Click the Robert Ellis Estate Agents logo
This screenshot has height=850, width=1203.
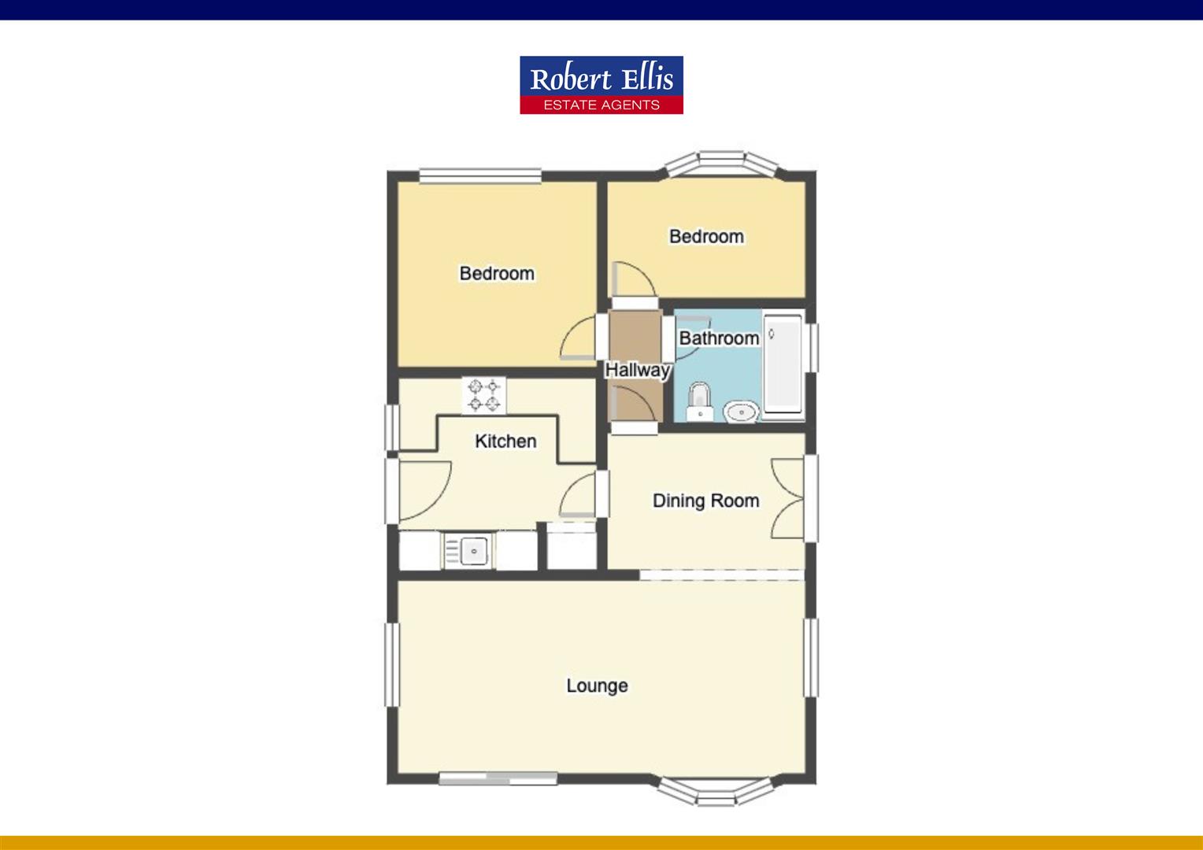[601, 85]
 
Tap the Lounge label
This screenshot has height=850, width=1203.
[597, 686]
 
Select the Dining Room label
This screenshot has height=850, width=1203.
[705, 501]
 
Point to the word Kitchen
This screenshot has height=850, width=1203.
[505, 441]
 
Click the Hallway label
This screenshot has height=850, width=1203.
[637, 369]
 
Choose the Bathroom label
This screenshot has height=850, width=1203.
[719, 338]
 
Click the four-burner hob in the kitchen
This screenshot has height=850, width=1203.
[483, 395]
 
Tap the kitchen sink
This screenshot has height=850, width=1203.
[469, 550]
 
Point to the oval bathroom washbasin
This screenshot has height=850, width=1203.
[741, 410]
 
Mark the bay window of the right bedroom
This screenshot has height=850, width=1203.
[722, 163]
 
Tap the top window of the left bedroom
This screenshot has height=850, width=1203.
[480, 176]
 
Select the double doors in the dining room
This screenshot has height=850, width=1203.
[788, 499]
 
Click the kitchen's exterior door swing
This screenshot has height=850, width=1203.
[423, 490]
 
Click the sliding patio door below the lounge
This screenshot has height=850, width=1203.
[498, 778]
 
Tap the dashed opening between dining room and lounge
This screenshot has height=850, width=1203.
[722, 575]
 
